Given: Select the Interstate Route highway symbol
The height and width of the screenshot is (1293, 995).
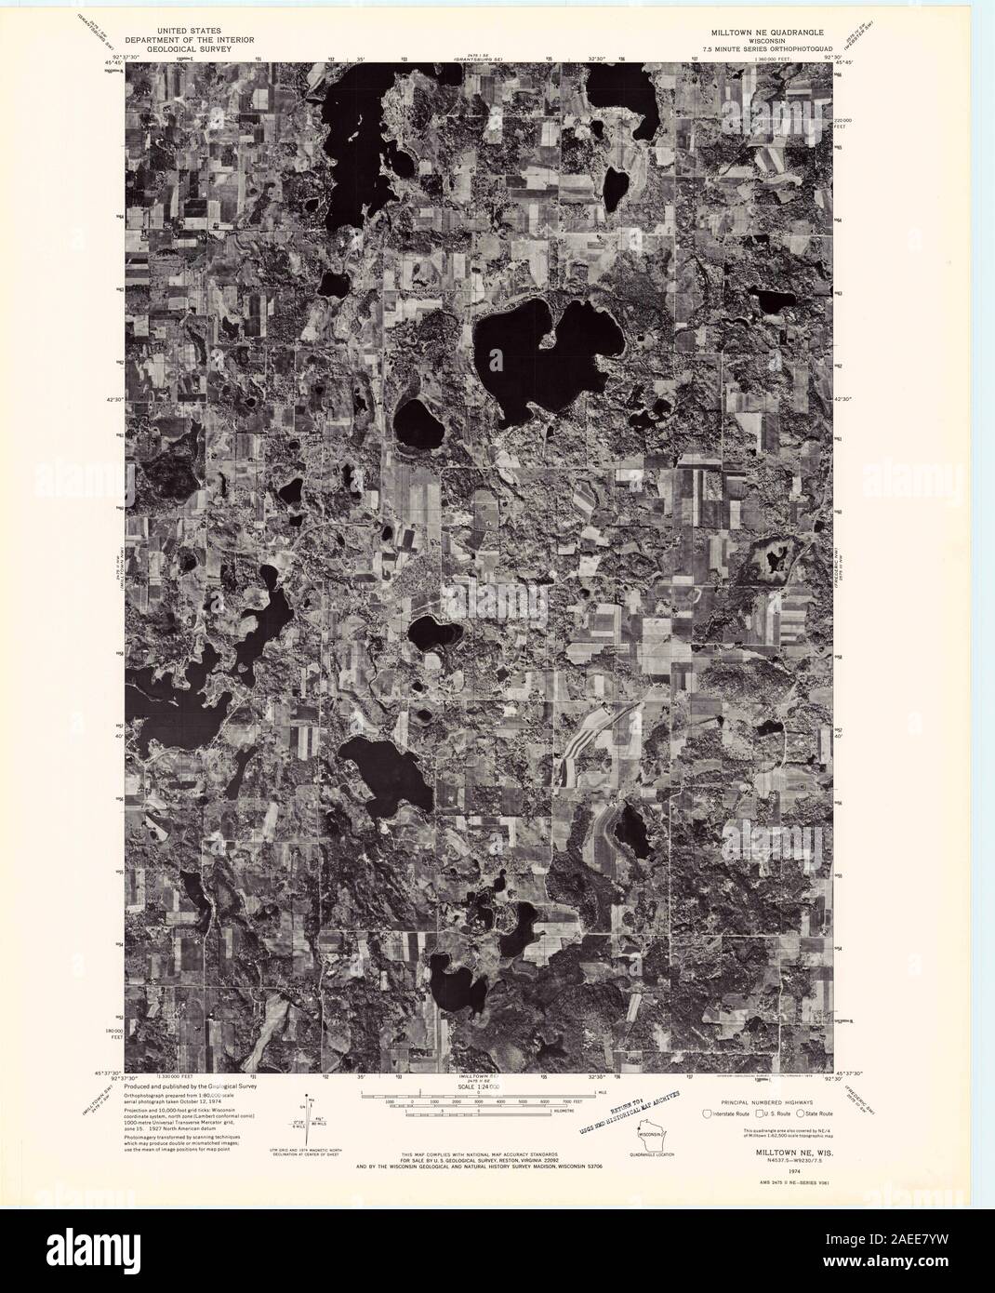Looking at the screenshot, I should (x=708, y=1113).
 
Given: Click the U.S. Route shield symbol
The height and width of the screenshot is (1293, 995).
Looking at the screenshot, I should (x=759, y=1113).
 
